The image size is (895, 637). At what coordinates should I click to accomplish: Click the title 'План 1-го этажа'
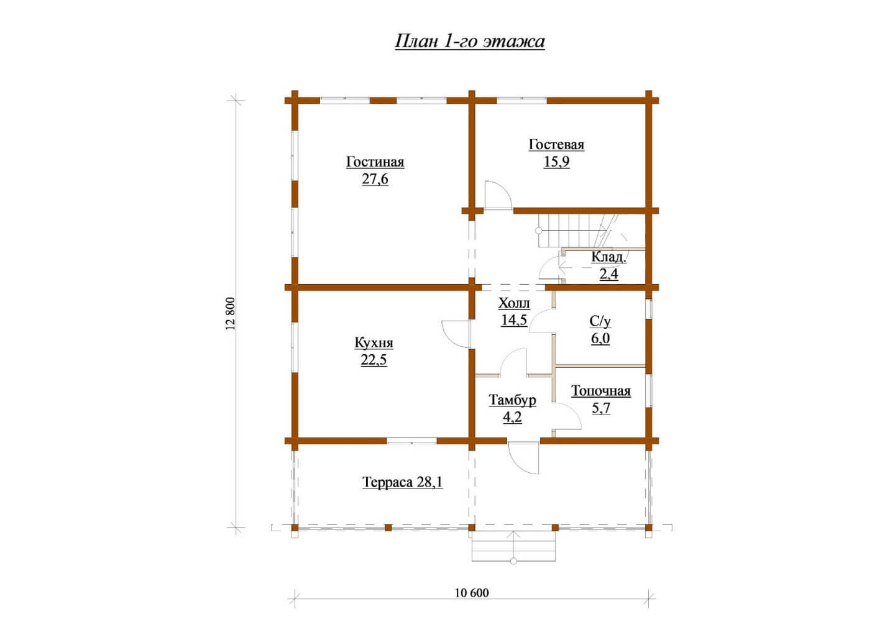click(470, 42)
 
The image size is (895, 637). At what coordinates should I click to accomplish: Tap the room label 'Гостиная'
click(375, 162)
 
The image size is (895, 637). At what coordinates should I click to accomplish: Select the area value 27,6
click(375, 179)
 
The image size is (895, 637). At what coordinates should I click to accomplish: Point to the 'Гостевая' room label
click(556, 144)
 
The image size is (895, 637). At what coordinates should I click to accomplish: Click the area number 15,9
click(556, 162)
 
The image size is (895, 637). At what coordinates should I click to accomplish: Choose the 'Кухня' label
click(374, 342)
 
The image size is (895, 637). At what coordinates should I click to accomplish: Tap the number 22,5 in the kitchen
click(374, 360)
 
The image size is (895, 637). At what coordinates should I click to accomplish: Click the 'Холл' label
click(514, 303)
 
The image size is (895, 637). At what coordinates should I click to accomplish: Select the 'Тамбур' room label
click(512, 400)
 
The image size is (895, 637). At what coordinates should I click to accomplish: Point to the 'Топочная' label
click(601, 391)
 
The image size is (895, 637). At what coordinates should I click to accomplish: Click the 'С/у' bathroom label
click(600, 321)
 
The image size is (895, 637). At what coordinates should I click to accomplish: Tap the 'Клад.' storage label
click(609, 257)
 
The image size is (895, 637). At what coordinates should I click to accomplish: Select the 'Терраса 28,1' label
click(402, 482)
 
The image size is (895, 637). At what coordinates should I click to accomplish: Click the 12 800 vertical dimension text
click(231, 313)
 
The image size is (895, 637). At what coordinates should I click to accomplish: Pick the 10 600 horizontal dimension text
click(472, 593)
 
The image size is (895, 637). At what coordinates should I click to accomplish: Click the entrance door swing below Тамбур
click(523, 458)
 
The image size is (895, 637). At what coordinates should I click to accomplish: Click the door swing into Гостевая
click(498, 195)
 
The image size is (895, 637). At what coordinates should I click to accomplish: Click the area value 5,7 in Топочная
click(601, 408)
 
